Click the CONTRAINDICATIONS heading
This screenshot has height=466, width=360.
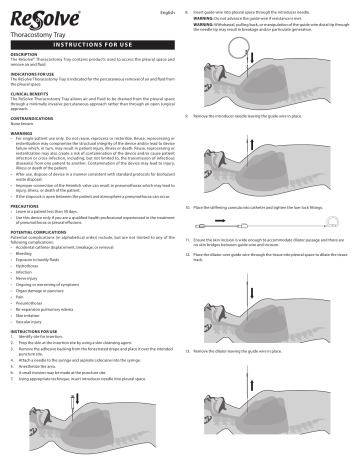tap(35, 118)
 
